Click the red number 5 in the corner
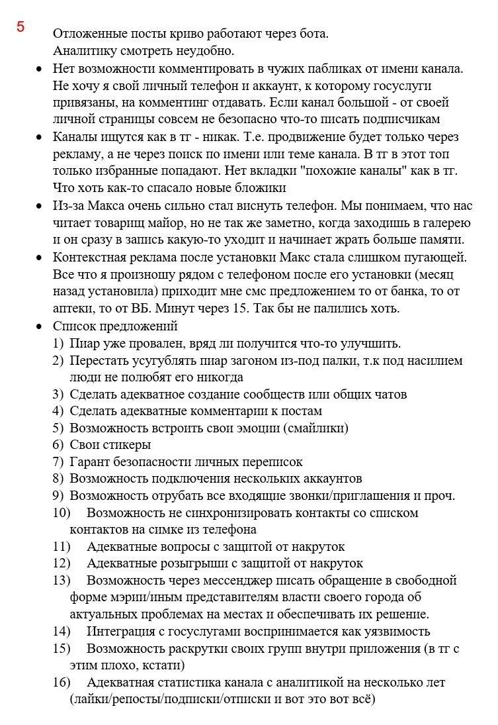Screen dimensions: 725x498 point(21,27)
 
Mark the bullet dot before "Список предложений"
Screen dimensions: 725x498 point(39,326)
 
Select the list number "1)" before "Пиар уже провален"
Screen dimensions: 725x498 point(59,344)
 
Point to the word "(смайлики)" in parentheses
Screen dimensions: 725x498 point(315,428)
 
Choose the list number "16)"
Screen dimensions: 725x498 point(62,682)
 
